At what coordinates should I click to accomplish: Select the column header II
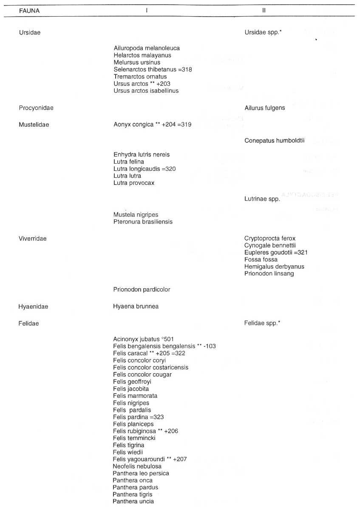(264, 11)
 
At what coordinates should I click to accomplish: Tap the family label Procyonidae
(36, 108)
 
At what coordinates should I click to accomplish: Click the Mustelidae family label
(34, 125)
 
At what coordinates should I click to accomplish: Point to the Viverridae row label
(33, 238)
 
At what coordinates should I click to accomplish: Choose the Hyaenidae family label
(33, 307)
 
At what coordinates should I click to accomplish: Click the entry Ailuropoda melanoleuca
(147, 48)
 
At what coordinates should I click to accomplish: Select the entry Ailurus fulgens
(265, 108)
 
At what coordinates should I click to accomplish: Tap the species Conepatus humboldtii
(275, 141)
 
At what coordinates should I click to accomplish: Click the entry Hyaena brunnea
(136, 307)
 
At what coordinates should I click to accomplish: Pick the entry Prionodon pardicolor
(142, 289)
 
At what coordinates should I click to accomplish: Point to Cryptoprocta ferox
(270, 238)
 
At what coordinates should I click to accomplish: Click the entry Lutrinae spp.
(262, 199)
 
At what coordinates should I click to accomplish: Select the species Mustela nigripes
(136, 215)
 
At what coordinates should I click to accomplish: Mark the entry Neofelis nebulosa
(137, 466)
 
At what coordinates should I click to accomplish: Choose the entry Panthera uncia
(133, 502)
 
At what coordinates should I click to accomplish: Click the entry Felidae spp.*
(262, 324)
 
